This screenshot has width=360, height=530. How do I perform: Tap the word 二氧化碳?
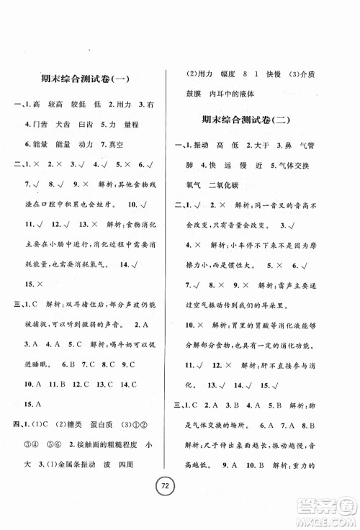click(x=237, y=187)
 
